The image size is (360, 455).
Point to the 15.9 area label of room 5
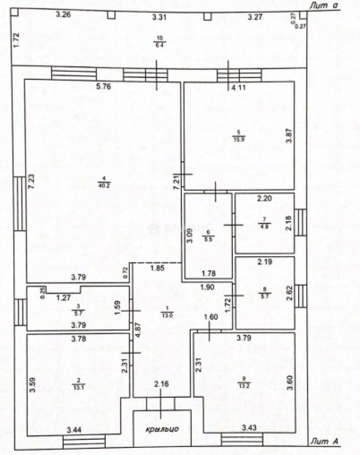[238, 140]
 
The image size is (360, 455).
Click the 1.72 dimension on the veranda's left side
[16, 40]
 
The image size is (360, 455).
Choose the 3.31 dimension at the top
[160, 17]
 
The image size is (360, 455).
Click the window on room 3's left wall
[19, 312]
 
